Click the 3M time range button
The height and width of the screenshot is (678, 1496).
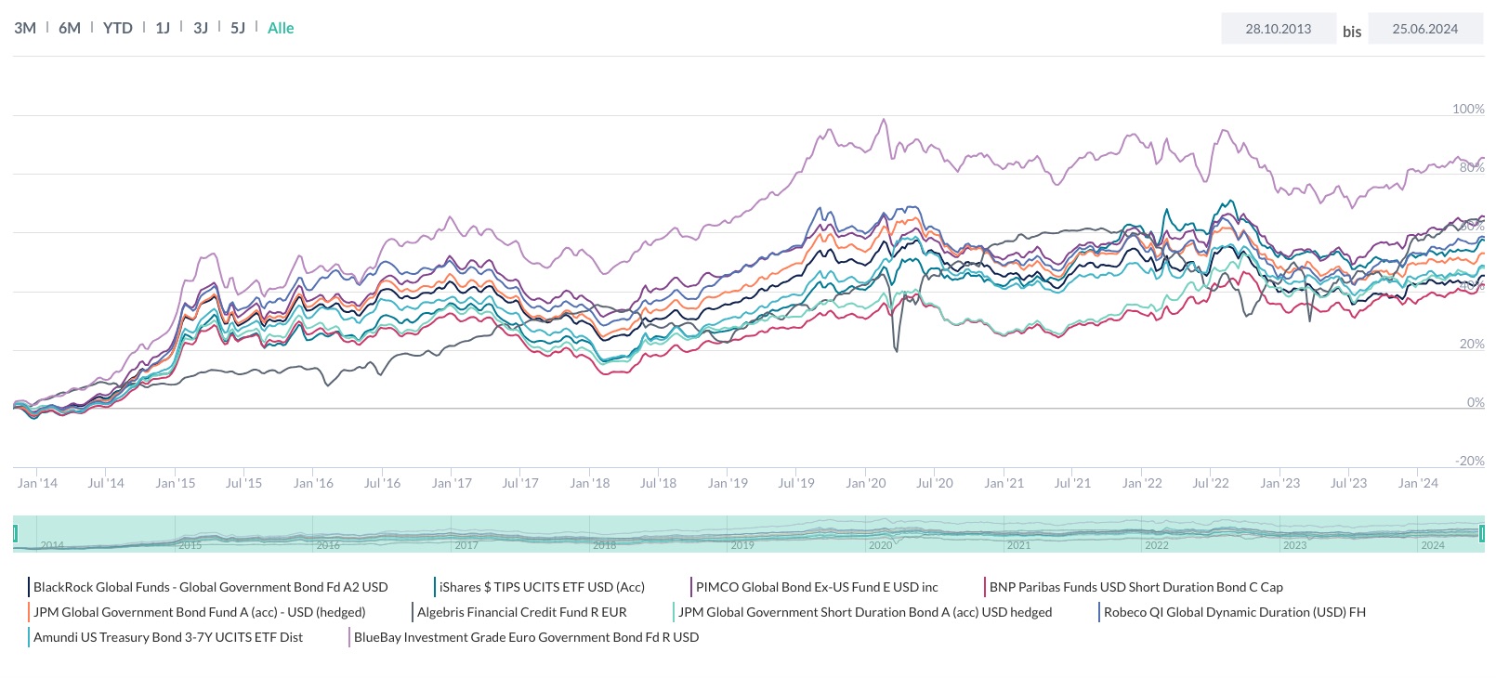point(25,28)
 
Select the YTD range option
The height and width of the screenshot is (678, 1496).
point(118,28)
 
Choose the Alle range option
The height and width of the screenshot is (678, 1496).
point(281,28)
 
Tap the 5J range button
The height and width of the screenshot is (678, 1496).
point(238,28)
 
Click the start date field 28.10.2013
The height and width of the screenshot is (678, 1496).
point(1279,29)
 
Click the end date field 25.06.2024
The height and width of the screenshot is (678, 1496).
point(1425,29)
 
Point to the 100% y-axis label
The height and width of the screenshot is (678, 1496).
point(1468,109)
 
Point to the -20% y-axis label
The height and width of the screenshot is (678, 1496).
point(1470,461)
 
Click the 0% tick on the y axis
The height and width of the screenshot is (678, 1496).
point(1476,402)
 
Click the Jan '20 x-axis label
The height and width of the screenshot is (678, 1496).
point(866,483)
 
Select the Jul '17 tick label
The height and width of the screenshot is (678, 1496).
point(520,483)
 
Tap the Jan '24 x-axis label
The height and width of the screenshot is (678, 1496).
point(1418,483)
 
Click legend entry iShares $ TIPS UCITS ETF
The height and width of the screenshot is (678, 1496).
point(542,587)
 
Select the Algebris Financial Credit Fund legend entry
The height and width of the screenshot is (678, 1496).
point(521,612)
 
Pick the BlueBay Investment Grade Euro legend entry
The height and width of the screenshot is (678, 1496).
point(526,637)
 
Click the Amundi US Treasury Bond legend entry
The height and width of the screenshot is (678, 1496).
point(168,637)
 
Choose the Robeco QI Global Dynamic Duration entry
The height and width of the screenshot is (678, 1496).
point(1234,612)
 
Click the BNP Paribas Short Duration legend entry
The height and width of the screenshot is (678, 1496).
point(1135,587)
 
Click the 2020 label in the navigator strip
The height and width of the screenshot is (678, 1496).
point(881,545)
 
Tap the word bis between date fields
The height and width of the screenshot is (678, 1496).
point(1352,32)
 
